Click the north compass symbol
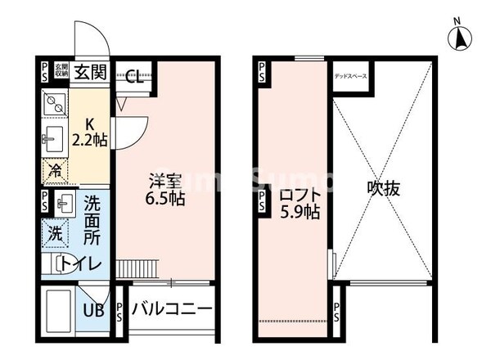pos(461,37)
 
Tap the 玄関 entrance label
pos(90,72)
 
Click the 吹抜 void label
pos(382,188)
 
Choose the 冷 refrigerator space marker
pos(53,172)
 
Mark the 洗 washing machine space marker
pos(53,232)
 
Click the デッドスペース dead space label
pos(350,77)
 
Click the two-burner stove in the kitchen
pos(54,104)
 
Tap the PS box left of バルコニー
pos(119,311)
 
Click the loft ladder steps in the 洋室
pos(136,268)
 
